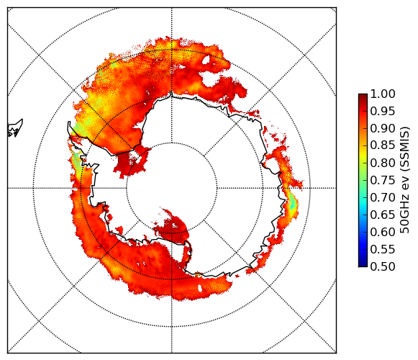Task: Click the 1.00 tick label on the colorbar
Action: pyautogui.click(x=383, y=94)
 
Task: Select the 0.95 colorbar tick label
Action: pyautogui.click(x=383, y=111)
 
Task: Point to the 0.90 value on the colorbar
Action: pyautogui.click(x=383, y=128)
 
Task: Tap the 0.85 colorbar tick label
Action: pyautogui.click(x=383, y=145)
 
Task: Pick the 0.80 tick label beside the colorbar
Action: pyautogui.click(x=383, y=163)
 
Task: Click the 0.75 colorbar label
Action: pyautogui.click(x=383, y=180)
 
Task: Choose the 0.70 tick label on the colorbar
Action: pyautogui.click(x=383, y=197)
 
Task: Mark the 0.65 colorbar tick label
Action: pyautogui.click(x=383, y=215)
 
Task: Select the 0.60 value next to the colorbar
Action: pyautogui.click(x=383, y=232)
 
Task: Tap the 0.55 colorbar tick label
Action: pyautogui.click(x=383, y=249)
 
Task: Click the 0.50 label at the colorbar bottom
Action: pyautogui.click(x=383, y=266)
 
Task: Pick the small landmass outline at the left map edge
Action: pyautogui.click(x=15, y=128)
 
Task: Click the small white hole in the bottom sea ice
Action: pyautogui.click(x=200, y=288)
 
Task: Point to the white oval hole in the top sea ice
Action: pyautogui.click(x=206, y=60)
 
